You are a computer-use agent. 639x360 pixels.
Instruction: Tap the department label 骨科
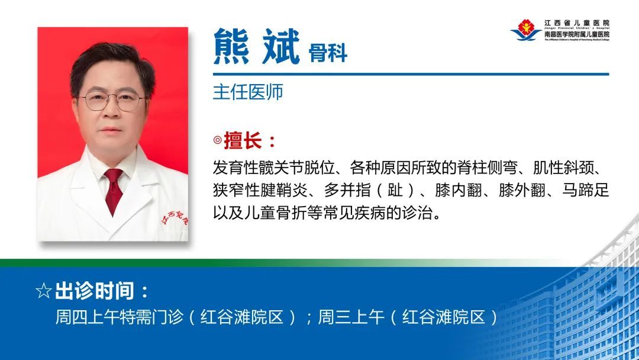[x=328, y=53]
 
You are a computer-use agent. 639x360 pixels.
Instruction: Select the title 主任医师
[x=248, y=92]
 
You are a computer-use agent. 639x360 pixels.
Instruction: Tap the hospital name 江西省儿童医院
[x=576, y=22]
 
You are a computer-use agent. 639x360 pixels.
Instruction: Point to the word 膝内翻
[x=453, y=191]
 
